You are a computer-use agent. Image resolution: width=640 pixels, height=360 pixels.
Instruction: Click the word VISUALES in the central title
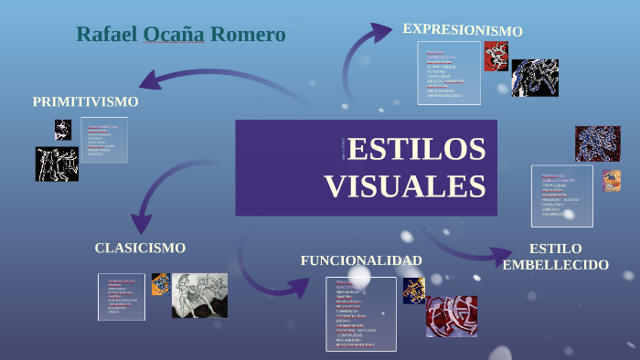point(405,185)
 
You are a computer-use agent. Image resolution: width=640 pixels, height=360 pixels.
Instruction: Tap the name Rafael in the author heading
point(106,35)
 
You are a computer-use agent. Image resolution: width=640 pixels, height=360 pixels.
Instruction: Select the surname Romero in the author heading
point(248,35)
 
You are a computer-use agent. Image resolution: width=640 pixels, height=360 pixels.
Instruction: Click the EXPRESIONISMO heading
point(463,30)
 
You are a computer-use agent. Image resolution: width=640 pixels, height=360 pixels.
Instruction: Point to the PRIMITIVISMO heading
point(86,101)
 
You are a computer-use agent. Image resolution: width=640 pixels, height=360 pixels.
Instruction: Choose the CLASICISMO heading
point(140,248)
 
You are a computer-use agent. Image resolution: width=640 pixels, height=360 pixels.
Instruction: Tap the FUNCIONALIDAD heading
point(361,260)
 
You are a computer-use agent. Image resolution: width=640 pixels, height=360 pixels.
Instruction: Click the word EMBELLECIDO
point(556,265)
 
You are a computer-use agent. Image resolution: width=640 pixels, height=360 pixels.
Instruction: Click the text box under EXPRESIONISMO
point(449,73)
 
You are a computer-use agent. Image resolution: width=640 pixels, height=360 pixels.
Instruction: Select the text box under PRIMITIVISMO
point(104,142)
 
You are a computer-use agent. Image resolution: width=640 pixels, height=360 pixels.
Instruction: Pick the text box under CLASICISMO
point(122,297)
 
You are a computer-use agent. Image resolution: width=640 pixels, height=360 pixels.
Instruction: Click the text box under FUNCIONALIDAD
point(360,313)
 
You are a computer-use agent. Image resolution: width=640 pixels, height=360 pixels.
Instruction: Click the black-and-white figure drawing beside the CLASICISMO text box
point(199,295)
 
